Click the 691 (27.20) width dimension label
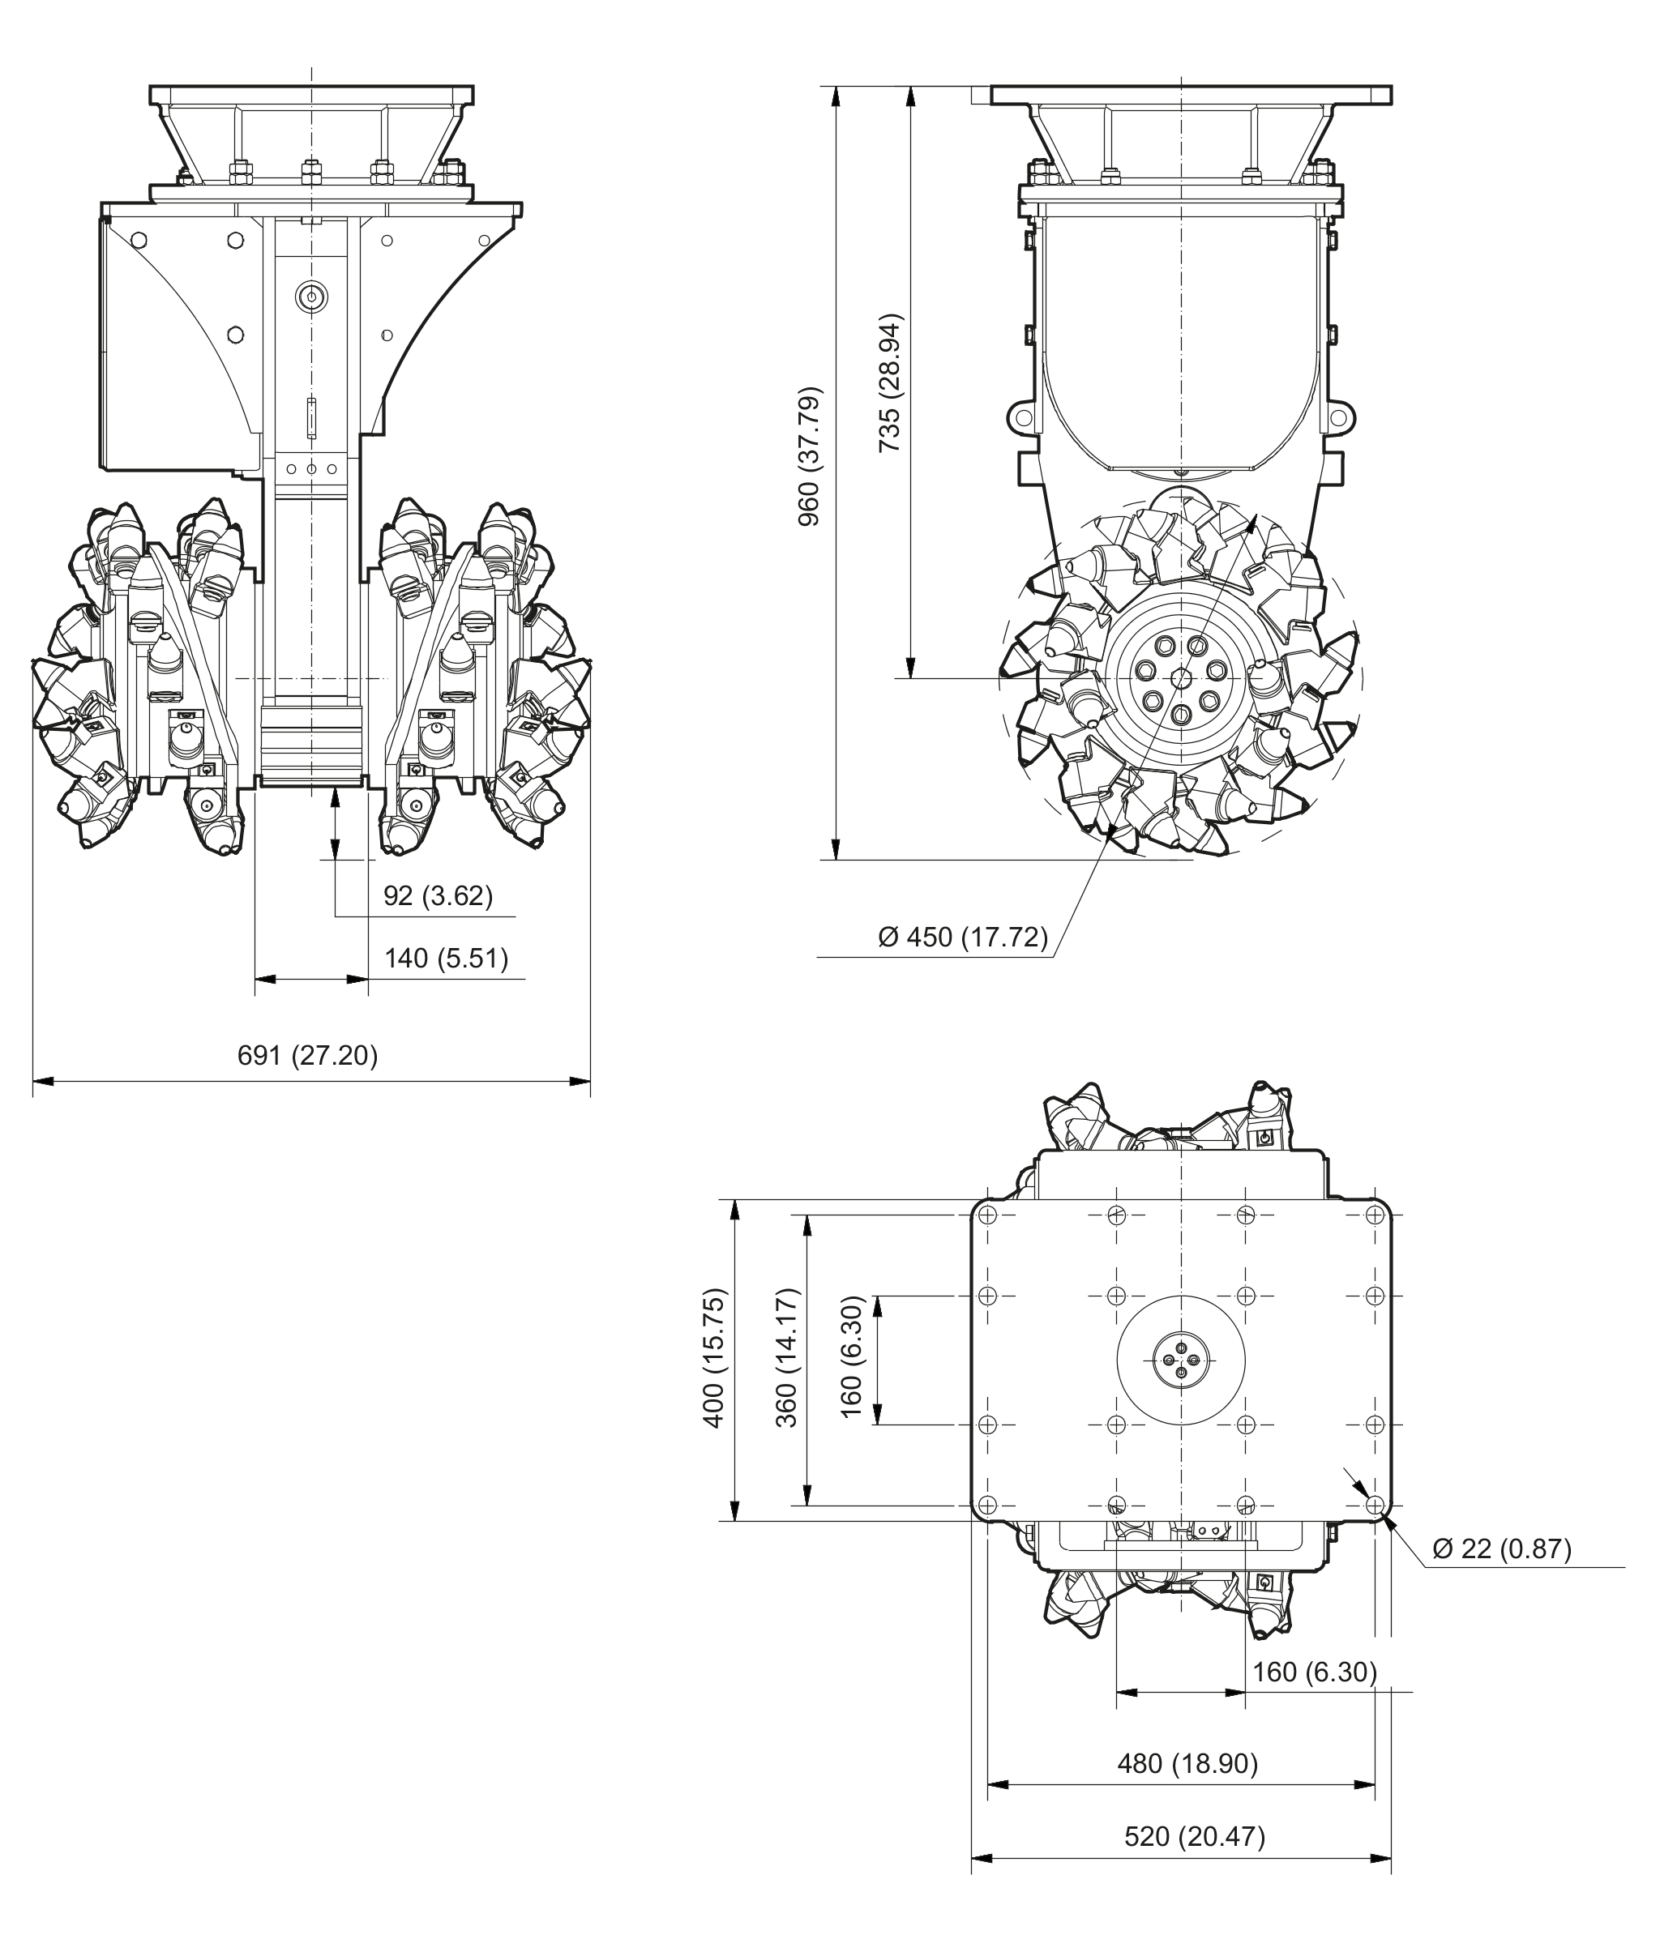pyautogui.click(x=308, y=1056)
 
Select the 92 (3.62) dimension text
pyautogui.click(x=438, y=895)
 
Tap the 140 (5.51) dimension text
pyautogui.click(x=446, y=959)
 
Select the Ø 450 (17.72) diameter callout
pyautogui.click(x=963, y=937)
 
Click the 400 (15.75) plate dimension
pyautogui.click(x=713, y=1357)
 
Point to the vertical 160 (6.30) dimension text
pyautogui.click(x=851, y=1357)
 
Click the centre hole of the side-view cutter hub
pyautogui.click(x=1182, y=678)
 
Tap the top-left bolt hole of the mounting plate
pyautogui.click(x=987, y=1215)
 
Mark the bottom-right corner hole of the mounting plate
pyautogui.click(x=1374, y=1506)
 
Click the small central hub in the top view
pyautogui.click(x=1182, y=1360)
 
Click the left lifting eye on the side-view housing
pyautogui.click(x=1022, y=416)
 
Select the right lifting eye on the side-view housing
pyautogui.click(x=1341, y=416)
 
